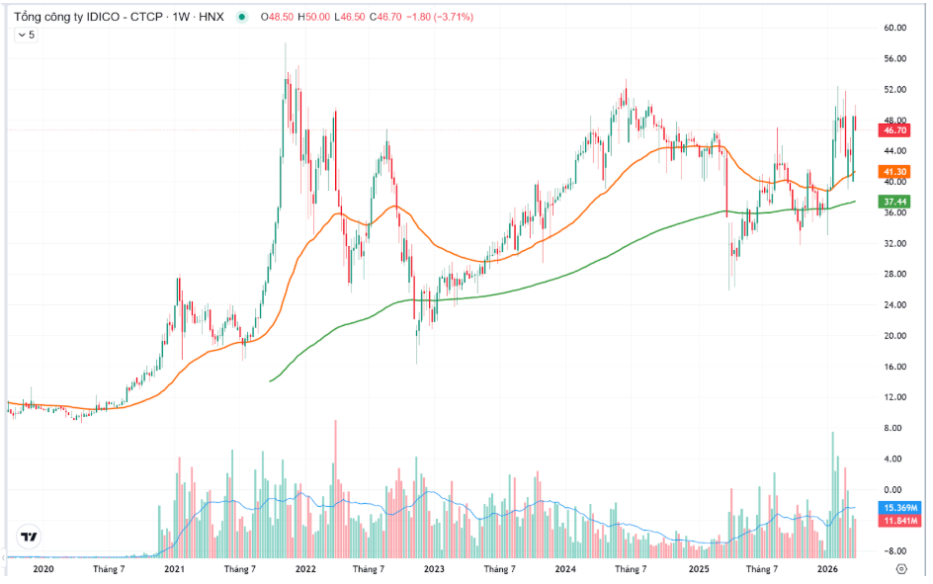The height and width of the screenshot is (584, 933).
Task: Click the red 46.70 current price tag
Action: tap(894, 130)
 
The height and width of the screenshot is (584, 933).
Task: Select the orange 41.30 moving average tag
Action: tap(894, 171)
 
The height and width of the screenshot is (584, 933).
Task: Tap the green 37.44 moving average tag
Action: tap(894, 202)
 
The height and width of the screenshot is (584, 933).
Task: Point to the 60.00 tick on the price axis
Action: tap(894, 28)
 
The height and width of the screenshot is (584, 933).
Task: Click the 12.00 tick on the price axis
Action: tap(894, 397)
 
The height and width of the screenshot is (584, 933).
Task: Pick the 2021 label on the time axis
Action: tap(174, 569)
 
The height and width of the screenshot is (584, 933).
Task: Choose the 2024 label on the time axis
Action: tap(565, 569)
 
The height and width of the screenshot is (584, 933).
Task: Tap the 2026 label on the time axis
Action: tap(828, 569)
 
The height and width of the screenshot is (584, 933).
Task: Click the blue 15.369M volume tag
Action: tap(898, 508)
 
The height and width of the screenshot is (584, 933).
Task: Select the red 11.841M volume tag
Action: tap(898, 521)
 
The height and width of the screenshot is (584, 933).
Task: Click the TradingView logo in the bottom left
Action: tap(30, 538)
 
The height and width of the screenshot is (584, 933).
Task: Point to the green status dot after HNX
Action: tap(242, 17)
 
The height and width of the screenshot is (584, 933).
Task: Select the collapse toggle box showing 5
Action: tap(27, 35)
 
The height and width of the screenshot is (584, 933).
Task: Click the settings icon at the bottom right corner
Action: tap(900, 569)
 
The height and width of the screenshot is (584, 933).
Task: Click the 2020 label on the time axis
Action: tap(42, 569)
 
